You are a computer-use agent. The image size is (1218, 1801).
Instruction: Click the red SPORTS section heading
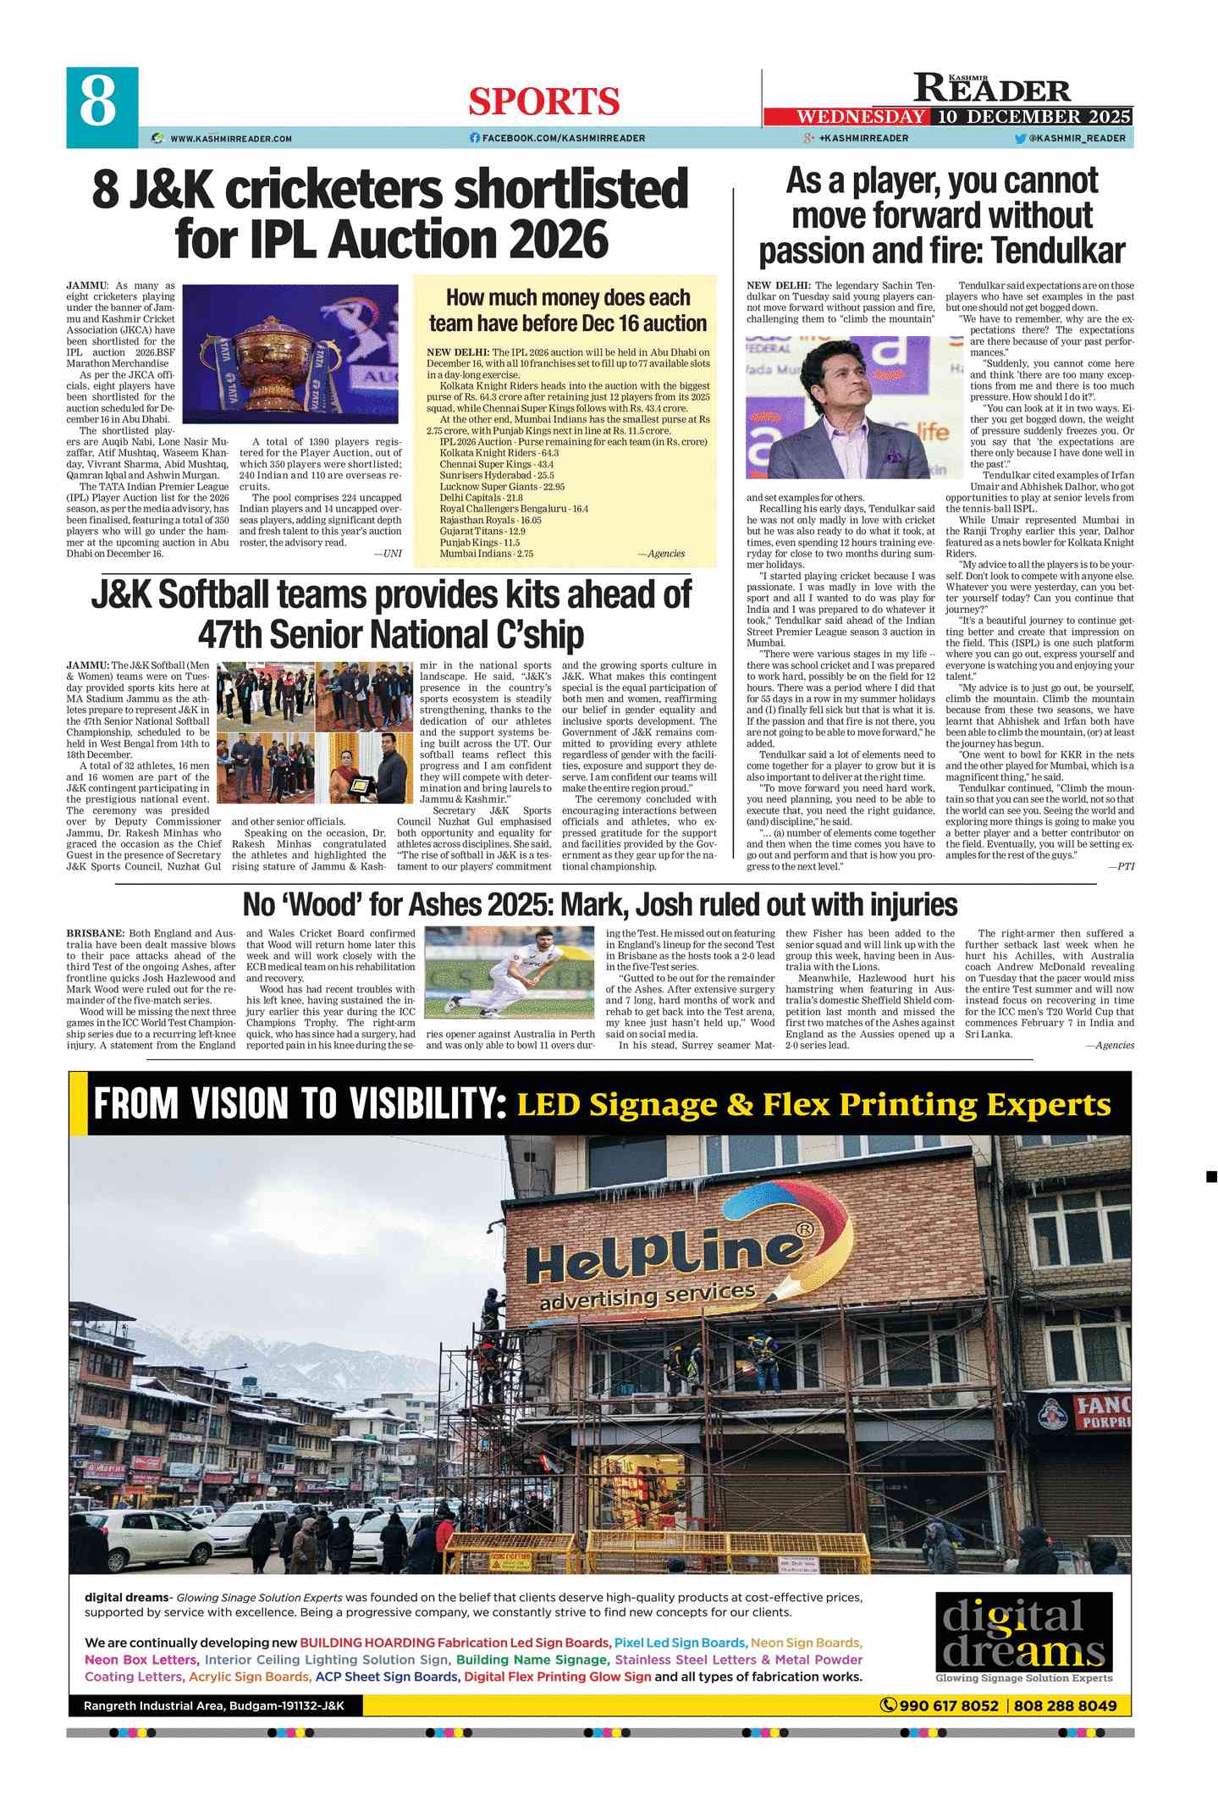(x=543, y=102)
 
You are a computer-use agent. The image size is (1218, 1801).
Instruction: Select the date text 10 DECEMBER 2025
(x=1033, y=117)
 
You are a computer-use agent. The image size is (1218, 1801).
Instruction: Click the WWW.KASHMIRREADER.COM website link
(x=230, y=138)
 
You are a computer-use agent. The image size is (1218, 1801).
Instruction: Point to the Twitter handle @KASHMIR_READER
(x=1077, y=138)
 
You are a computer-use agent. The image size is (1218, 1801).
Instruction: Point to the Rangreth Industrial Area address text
(x=213, y=1705)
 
